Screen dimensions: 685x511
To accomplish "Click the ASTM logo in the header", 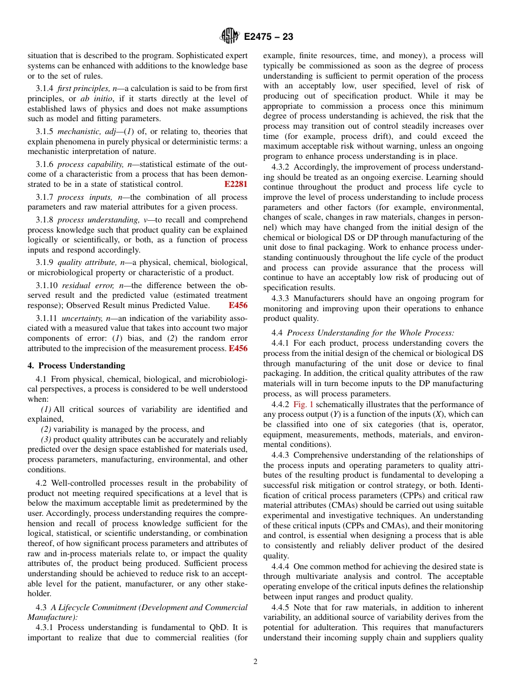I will click(x=230, y=37).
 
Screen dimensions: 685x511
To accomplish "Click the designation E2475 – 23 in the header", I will click(x=268, y=37).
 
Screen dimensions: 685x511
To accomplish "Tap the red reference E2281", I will click(x=236, y=184).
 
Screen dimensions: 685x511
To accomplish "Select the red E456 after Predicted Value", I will click(x=238, y=305).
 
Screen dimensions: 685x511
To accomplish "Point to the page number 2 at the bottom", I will click(x=256, y=662).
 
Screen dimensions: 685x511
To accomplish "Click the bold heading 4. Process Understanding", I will click(x=76, y=366).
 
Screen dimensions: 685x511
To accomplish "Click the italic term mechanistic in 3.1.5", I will click(x=79, y=131).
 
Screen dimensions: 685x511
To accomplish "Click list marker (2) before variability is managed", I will click(x=47, y=429).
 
